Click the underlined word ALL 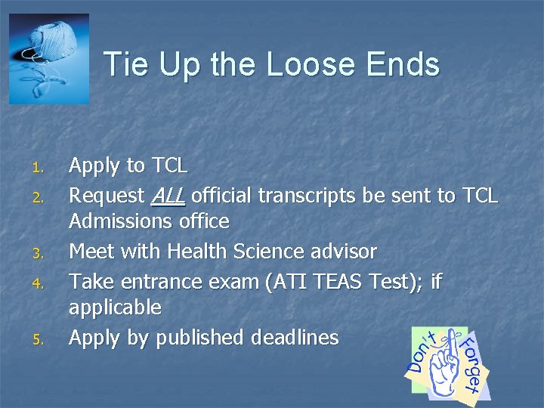(168, 196)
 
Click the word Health (202, 250)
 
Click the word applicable (115, 308)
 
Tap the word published (192, 337)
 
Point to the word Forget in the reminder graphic (472, 366)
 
